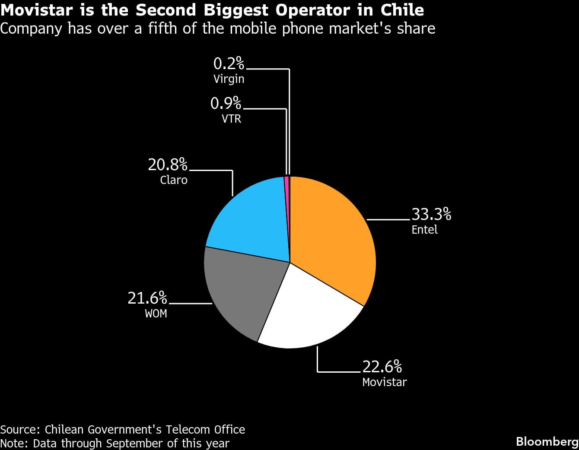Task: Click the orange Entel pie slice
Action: pos(333,233)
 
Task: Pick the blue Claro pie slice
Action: pos(251,220)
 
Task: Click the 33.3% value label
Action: pos(431,214)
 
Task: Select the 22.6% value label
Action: pos(382,367)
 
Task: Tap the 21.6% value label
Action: pos(147,298)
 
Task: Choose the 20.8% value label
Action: pos(168,165)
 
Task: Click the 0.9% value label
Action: pos(226,103)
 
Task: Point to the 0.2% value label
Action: pos(229,64)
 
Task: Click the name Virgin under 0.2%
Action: pos(229,79)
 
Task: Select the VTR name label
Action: pos(231,118)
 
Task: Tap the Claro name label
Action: pos(174,180)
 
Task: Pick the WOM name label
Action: pos(156,314)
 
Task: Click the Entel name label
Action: pos(424,230)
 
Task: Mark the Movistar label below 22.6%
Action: pos(384,382)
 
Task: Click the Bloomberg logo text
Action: pos(547,441)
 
